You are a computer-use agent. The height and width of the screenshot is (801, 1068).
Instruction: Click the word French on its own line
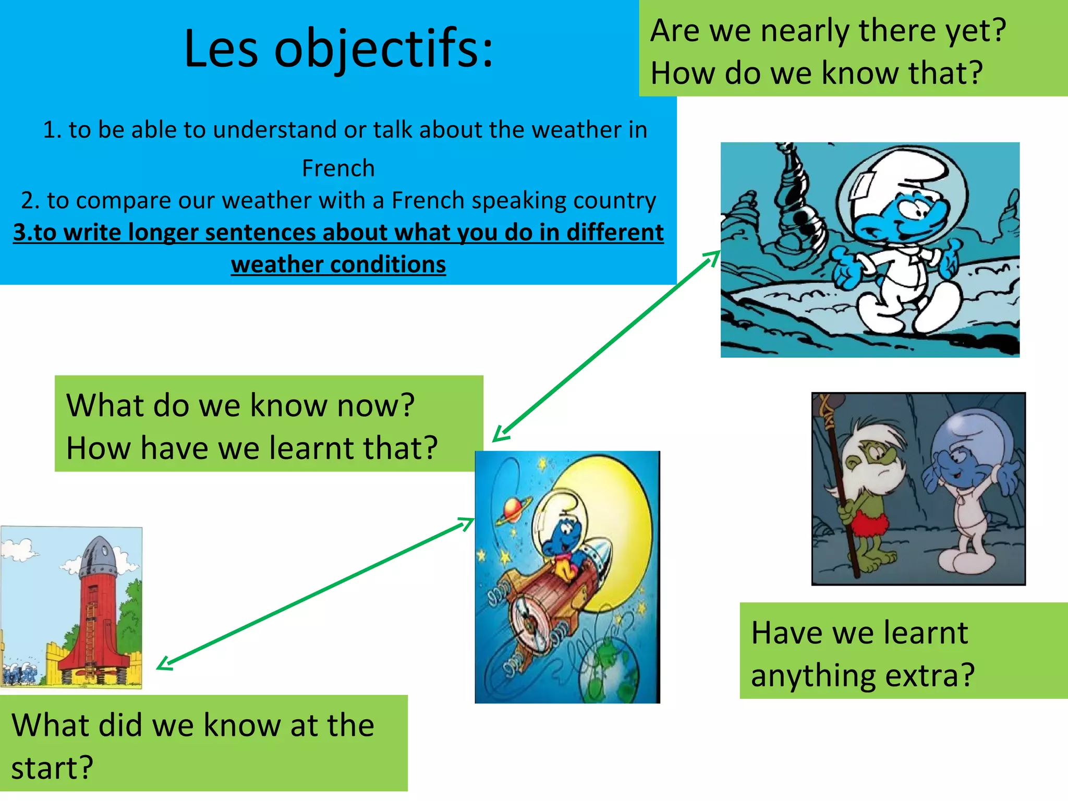pyautogui.click(x=338, y=168)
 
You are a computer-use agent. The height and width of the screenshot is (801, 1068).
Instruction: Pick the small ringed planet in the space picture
pyautogui.click(x=513, y=509)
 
